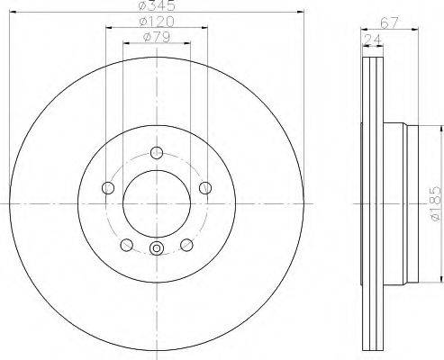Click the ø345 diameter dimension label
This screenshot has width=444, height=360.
click(x=157, y=5)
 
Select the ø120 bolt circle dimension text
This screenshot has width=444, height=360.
click(x=157, y=22)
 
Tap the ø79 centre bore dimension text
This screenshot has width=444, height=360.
click(x=157, y=37)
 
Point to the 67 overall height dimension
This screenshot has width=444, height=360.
click(x=389, y=23)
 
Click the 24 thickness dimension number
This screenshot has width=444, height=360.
click(x=372, y=40)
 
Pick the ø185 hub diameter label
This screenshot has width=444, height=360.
click(x=436, y=204)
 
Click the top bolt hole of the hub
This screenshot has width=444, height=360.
click(x=157, y=153)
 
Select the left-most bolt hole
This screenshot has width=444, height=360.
click(x=108, y=188)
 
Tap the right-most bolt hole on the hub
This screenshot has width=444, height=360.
click(x=205, y=188)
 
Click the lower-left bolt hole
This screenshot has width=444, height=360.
click(x=126, y=245)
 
